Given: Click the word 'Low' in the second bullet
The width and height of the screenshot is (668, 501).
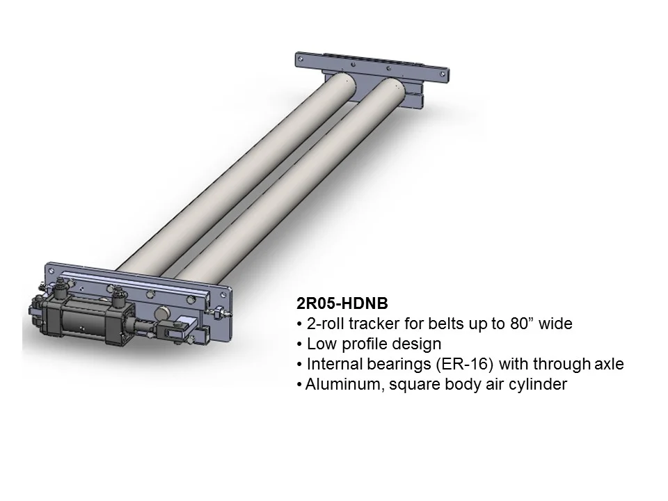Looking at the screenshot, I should [321, 344].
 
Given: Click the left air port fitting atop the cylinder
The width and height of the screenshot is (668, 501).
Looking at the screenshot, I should [63, 285].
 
